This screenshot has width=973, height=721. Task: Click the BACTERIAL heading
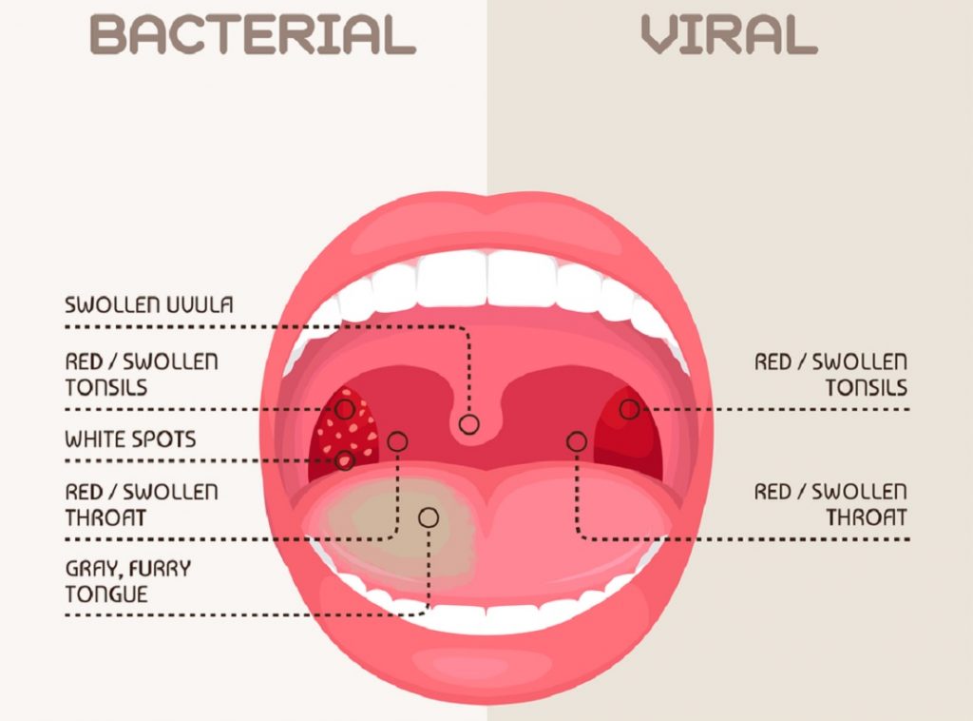click(x=252, y=34)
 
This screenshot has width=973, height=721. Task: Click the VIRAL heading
click(x=728, y=34)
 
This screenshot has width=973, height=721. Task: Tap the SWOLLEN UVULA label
click(x=149, y=305)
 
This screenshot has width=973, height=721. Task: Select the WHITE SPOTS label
click(x=130, y=439)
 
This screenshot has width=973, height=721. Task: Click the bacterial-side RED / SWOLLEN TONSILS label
click(x=142, y=375)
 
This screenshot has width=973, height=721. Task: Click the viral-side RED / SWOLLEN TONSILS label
click(x=830, y=375)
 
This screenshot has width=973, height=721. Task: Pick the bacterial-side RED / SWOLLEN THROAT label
click(x=142, y=505)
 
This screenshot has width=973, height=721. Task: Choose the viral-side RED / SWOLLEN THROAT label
click(x=830, y=505)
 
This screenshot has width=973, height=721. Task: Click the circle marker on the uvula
click(x=468, y=424)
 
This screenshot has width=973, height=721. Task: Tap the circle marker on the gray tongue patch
click(x=429, y=517)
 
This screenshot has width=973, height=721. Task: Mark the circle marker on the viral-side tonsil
click(x=629, y=410)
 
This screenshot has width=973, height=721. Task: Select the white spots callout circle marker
click(x=345, y=460)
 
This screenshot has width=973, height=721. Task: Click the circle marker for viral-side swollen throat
click(x=576, y=441)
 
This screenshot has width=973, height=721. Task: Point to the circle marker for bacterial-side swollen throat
click(x=397, y=441)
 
